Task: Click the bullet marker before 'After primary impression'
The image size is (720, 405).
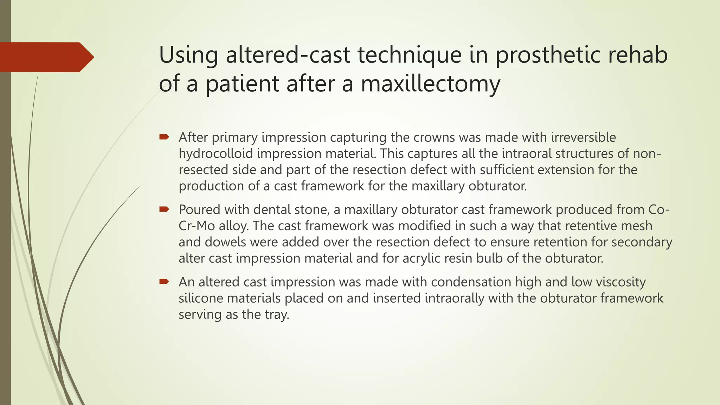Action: pos(164,137)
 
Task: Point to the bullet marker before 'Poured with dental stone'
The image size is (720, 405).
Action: pos(164,209)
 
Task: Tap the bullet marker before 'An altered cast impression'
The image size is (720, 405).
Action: pos(164,282)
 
